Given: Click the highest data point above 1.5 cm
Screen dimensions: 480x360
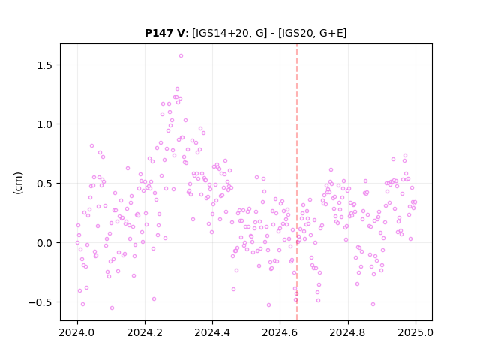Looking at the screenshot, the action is pyautogui.click(x=181, y=55).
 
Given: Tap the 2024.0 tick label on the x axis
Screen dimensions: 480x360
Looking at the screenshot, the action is pyautogui.click(x=76, y=332).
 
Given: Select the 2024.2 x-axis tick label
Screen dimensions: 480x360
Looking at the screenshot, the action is pyautogui.click(x=145, y=332).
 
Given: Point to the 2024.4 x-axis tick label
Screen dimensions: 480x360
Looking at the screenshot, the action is pyautogui.click(x=212, y=332).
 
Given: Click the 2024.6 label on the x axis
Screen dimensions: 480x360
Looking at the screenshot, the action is pyautogui.click(x=280, y=332).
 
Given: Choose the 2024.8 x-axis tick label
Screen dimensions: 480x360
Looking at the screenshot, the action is pyautogui.click(x=347, y=332).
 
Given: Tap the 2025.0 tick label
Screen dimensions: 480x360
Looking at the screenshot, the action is pyautogui.click(x=415, y=332).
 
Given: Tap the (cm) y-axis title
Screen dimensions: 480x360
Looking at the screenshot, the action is pyautogui.click(x=18, y=183).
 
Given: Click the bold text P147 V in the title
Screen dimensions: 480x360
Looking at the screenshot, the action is pyautogui.click(x=165, y=33).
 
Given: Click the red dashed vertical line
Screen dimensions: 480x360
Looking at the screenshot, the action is pyautogui.click(x=297, y=182).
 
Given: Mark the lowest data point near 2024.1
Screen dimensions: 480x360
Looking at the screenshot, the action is pyautogui.click(x=112, y=307).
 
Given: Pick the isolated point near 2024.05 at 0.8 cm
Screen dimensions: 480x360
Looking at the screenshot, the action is pyautogui.click(x=91, y=145).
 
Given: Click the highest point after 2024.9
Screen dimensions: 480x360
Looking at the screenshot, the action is pyautogui.click(x=405, y=155).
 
